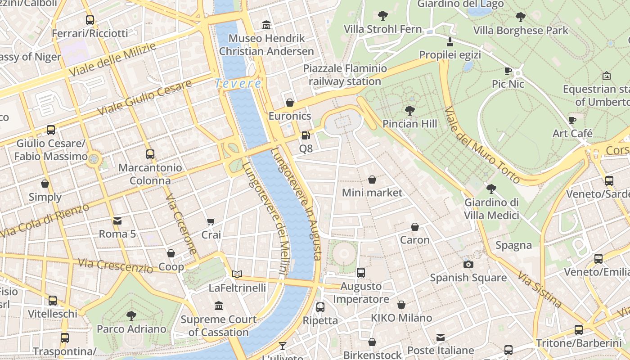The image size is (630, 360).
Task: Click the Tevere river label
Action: (x=238, y=84)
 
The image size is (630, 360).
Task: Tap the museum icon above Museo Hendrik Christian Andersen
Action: (x=266, y=25)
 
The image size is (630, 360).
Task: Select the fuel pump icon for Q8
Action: (x=306, y=135)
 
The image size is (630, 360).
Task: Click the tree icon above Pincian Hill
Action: (x=409, y=110)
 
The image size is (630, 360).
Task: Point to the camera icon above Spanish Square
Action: (x=468, y=264)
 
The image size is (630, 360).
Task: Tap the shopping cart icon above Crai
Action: (x=211, y=221)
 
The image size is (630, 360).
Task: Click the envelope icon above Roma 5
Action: (x=117, y=220)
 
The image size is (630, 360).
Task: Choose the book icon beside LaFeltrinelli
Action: (x=237, y=274)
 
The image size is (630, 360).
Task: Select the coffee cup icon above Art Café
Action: (x=572, y=120)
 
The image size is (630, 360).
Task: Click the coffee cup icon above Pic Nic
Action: (x=508, y=71)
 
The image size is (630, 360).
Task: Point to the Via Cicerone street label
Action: (x=181, y=224)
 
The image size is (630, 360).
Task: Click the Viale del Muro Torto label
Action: (x=482, y=145)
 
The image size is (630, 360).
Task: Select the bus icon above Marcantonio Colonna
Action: (x=150, y=154)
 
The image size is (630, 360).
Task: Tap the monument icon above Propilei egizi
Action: (x=450, y=42)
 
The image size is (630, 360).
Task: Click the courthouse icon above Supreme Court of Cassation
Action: (x=219, y=306)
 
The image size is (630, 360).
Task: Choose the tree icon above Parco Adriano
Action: (x=131, y=315)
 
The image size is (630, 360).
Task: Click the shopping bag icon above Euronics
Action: (x=290, y=103)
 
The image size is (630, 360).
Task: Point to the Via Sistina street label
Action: (x=540, y=289)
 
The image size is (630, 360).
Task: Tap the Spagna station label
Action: (x=513, y=245)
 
